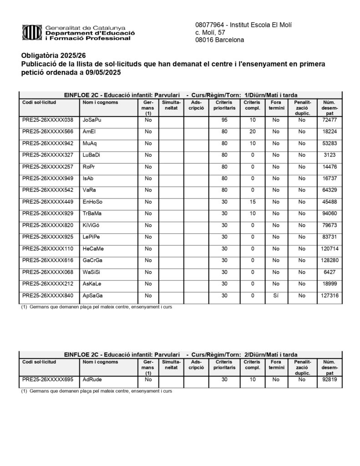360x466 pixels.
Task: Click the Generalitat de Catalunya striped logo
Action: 32,33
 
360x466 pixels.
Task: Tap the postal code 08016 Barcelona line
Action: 219,40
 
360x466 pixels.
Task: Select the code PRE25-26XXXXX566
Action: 47,132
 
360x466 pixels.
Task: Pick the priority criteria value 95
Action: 224,120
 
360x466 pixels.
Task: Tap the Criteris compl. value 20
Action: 252,132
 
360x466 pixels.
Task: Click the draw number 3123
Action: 330,155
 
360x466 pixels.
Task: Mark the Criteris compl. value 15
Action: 252,202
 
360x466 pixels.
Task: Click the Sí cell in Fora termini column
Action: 275,296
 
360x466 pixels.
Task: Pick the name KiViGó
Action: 92,225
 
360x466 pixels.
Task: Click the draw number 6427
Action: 330,272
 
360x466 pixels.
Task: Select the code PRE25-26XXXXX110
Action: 47,249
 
